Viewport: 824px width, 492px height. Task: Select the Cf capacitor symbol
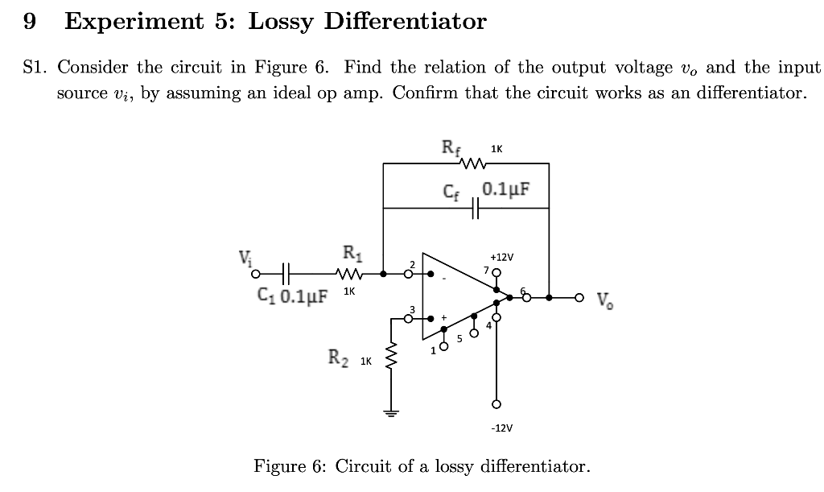(x=476, y=208)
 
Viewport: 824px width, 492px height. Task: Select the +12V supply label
(x=501, y=256)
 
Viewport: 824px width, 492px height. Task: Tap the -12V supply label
(x=501, y=428)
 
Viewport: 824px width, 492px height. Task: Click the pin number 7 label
(x=486, y=268)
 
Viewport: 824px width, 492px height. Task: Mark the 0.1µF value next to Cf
(x=506, y=190)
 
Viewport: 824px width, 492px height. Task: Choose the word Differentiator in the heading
(x=405, y=21)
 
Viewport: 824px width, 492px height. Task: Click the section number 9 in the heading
(x=30, y=21)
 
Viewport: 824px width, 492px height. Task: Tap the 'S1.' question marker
(x=35, y=67)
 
